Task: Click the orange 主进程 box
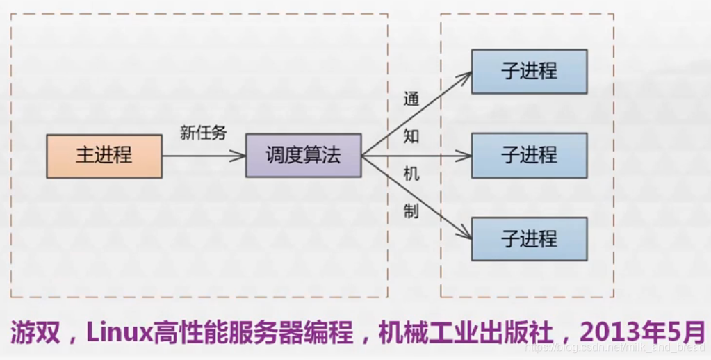pyautogui.click(x=104, y=156)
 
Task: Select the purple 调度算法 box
pyautogui.click(x=303, y=156)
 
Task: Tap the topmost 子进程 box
pyautogui.click(x=529, y=72)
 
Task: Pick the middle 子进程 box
pyautogui.click(x=529, y=156)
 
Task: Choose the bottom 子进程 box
pyautogui.click(x=529, y=239)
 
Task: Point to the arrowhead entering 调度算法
pyautogui.click(x=240, y=156)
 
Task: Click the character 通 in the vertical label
pyautogui.click(x=411, y=99)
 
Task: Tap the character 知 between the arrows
pyautogui.click(x=411, y=136)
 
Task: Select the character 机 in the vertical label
pyautogui.click(x=411, y=174)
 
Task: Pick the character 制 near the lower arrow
pyautogui.click(x=411, y=212)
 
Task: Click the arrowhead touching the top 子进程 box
pyautogui.click(x=466, y=74)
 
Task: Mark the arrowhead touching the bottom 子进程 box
pyautogui.click(x=466, y=236)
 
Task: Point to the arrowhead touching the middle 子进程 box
pyautogui.click(x=466, y=156)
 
